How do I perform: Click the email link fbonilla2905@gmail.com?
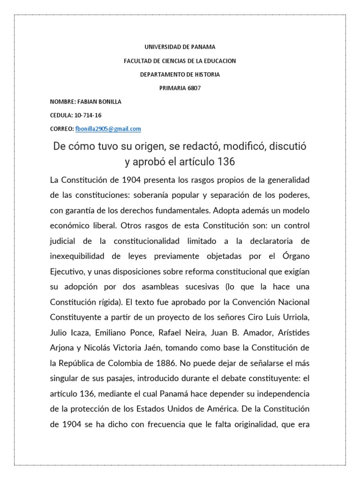pos(108,129)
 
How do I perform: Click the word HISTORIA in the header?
pos(205,74)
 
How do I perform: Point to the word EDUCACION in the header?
pos(218,60)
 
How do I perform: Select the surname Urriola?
pos(295,318)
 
